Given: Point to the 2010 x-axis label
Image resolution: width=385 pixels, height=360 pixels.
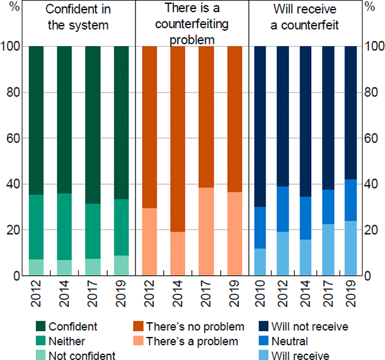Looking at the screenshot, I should pyautogui.click(x=261, y=293).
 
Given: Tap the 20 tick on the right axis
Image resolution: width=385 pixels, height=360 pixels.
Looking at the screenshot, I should pyautogui.click(x=370, y=230).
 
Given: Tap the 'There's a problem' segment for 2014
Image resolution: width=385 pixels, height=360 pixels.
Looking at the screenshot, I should pyautogui.click(x=177, y=253).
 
